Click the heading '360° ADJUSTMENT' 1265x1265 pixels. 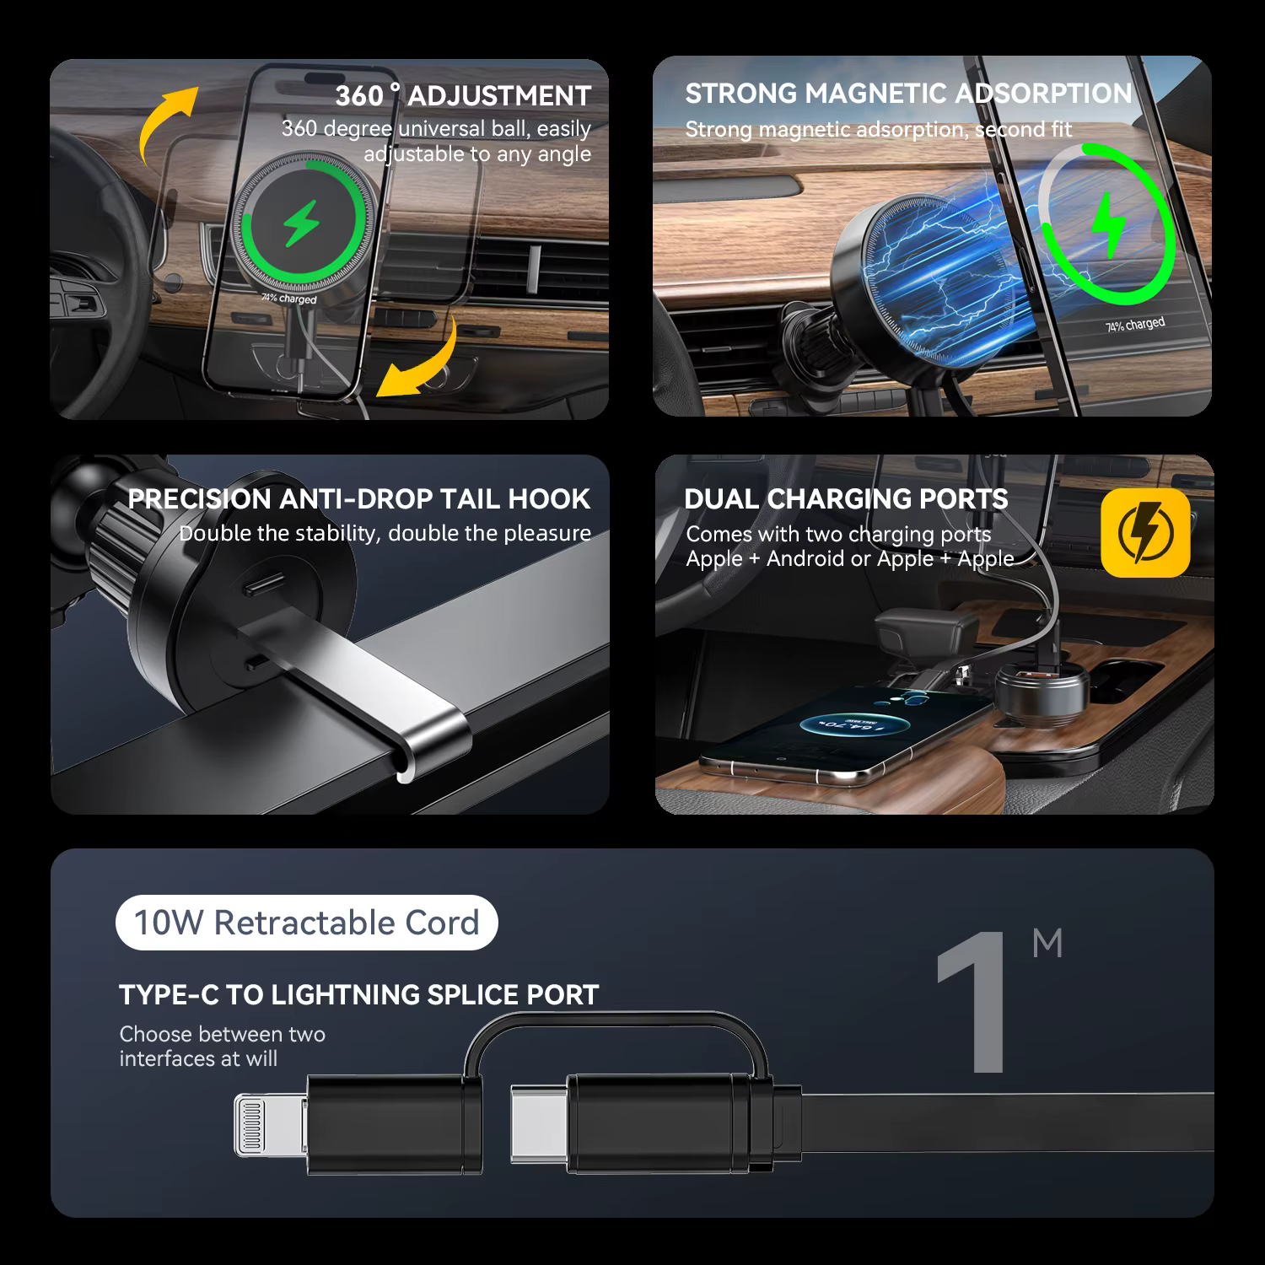(x=463, y=95)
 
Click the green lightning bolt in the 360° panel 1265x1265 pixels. (x=300, y=223)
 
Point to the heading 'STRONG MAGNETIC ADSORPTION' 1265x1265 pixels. (x=908, y=94)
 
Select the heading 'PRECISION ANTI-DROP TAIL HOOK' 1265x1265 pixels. (x=359, y=498)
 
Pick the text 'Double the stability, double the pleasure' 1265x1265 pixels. (x=385, y=533)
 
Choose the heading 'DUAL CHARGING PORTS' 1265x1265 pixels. (x=846, y=498)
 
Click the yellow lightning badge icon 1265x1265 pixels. (x=1145, y=533)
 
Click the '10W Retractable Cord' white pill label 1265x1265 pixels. (x=307, y=923)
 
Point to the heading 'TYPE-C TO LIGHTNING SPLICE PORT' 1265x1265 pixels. (x=359, y=995)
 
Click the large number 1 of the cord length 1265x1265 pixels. (x=974, y=1003)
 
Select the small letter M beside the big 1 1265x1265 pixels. (x=1047, y=943)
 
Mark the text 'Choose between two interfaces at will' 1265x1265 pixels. (x=223, y=1046)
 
